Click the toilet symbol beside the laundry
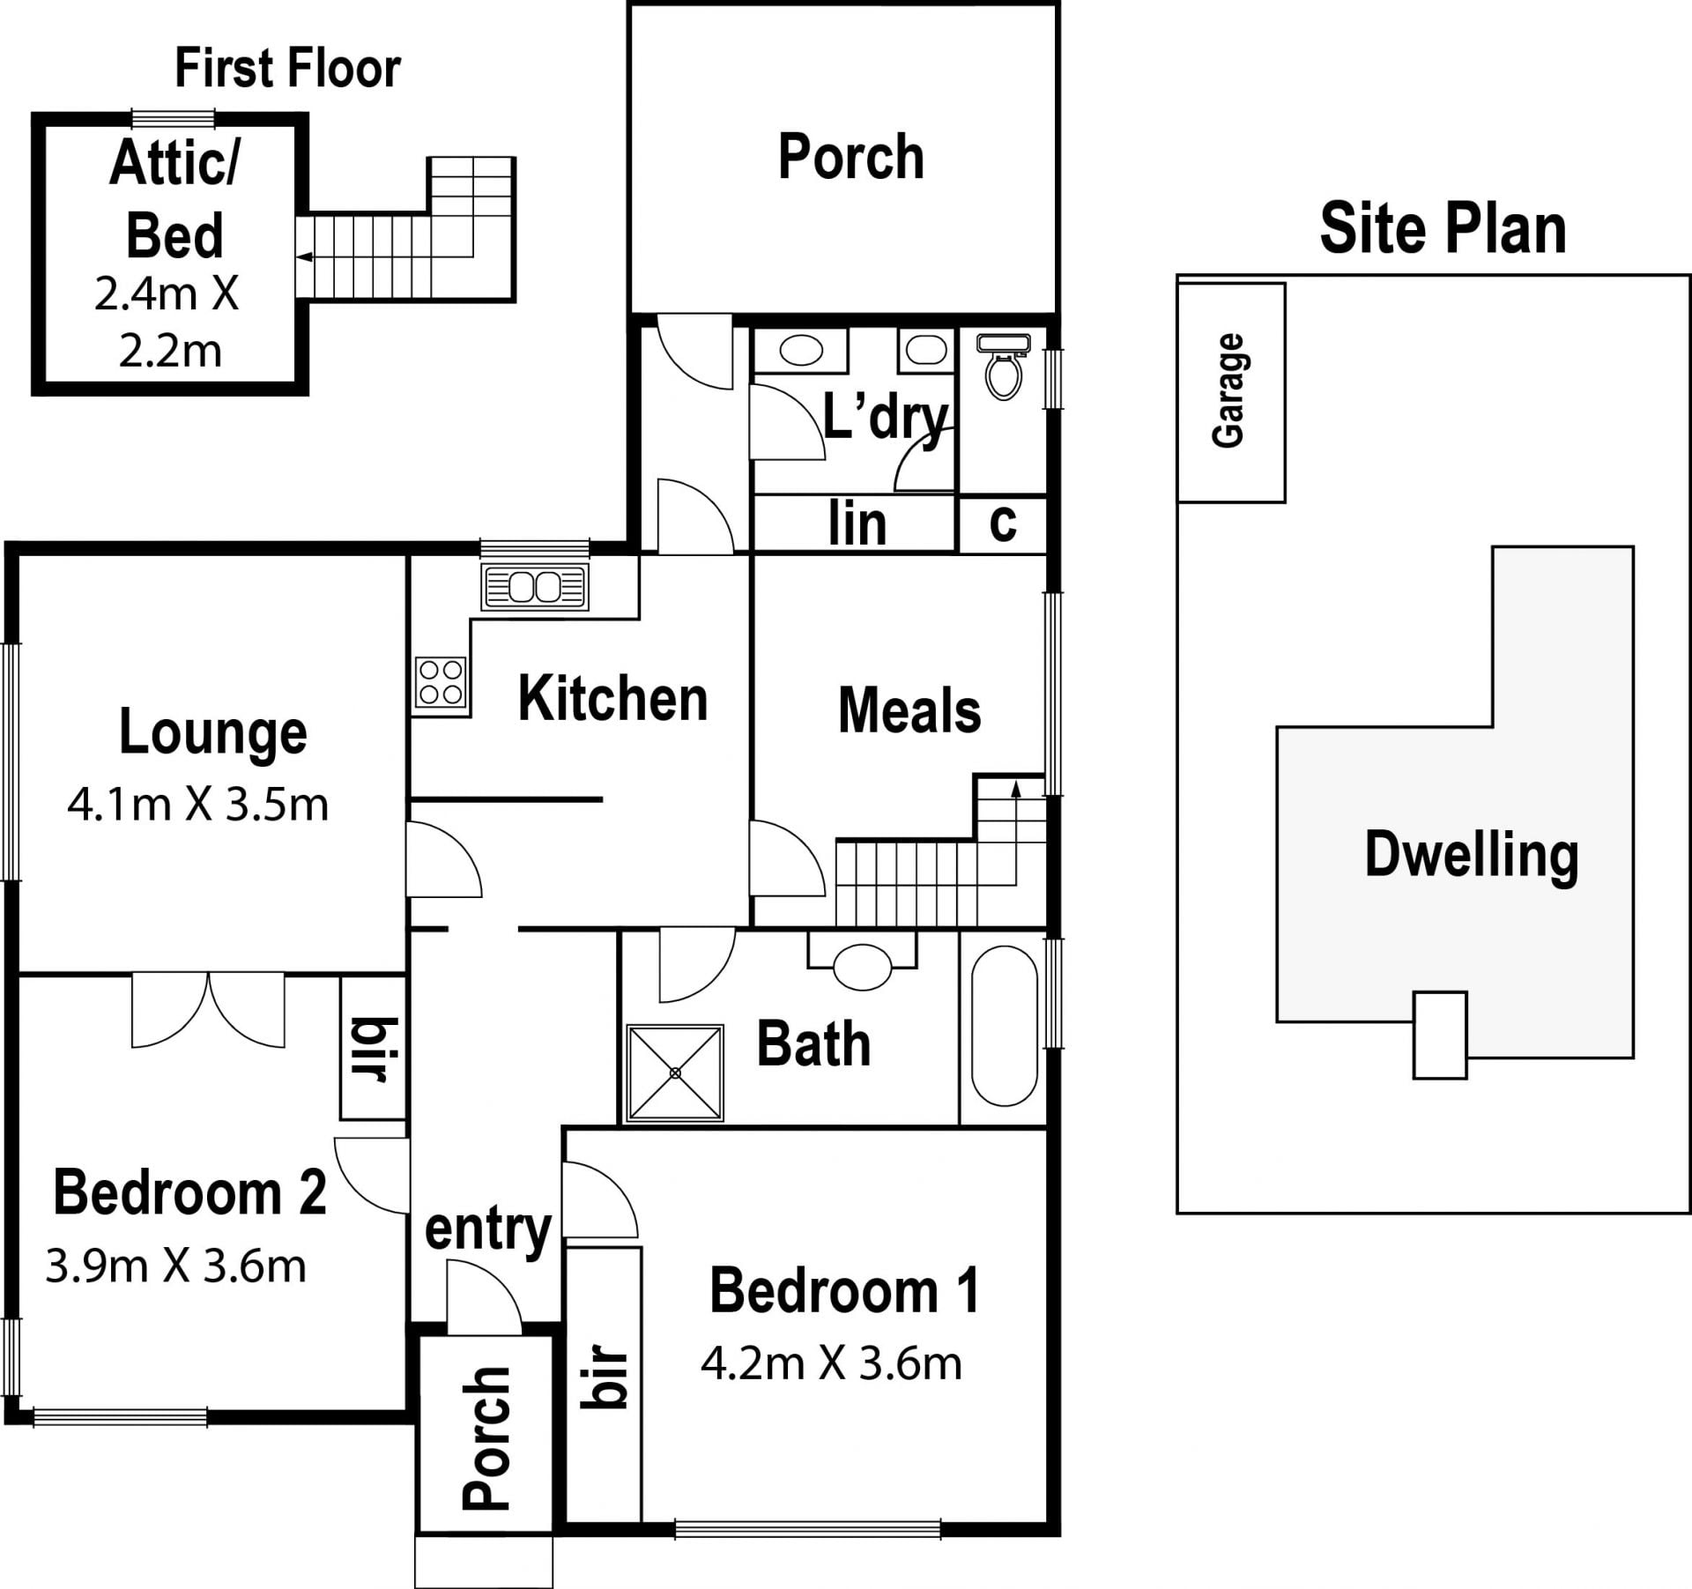click(1003, 367)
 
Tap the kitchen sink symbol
click(535, 587)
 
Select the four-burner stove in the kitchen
click(441, 683)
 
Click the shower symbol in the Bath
click(674, 1073)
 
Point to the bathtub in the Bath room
click(1004, 1026)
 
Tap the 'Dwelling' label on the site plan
click(1471, 854)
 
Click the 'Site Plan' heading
click(1443, 228)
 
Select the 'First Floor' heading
click(288, 68)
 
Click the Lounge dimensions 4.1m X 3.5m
click(198, 805)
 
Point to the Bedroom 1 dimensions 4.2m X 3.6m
click(831, 1363)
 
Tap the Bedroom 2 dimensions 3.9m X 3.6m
click(176, 1266)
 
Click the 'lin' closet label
click(857, 523)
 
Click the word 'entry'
click(488, 1230)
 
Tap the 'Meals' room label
click(909, 710)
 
